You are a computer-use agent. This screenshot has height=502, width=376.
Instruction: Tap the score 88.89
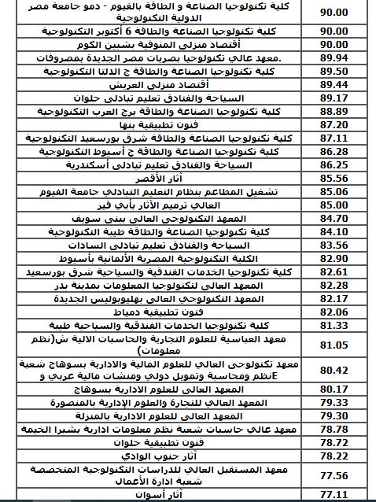click(335, 111)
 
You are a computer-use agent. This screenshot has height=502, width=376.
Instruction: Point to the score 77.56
click(335, 474)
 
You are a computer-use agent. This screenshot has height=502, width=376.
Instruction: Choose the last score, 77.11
click(335, 495)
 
